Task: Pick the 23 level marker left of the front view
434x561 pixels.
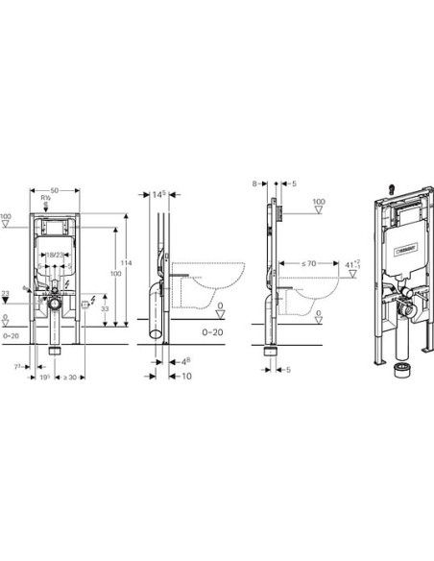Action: coord(6,292)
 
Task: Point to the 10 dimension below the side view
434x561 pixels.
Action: coord(184,377)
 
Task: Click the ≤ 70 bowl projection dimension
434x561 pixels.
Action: coord(310,260)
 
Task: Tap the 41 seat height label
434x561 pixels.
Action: coord(356,262)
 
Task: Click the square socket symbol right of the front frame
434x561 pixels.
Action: coord(87,305)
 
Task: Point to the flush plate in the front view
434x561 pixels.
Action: coord(60,229)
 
